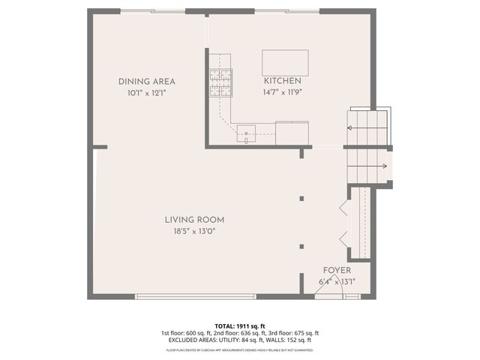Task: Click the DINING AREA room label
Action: (147, 81)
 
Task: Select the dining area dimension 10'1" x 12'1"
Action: (147, 93)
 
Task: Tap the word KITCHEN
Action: (282, 81)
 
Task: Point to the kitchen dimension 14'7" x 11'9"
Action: (282, 93)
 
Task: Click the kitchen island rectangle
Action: (285, 61)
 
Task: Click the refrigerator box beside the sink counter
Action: (292, 133)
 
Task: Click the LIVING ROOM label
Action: (195, 220)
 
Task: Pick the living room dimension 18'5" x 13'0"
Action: (195, 232)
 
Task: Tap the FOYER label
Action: (337, 270)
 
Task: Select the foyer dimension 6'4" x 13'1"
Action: (337, 282)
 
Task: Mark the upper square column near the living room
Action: (301, 199)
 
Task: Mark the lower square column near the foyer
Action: (301, 245)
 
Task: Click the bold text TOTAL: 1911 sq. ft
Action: (240, 325)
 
